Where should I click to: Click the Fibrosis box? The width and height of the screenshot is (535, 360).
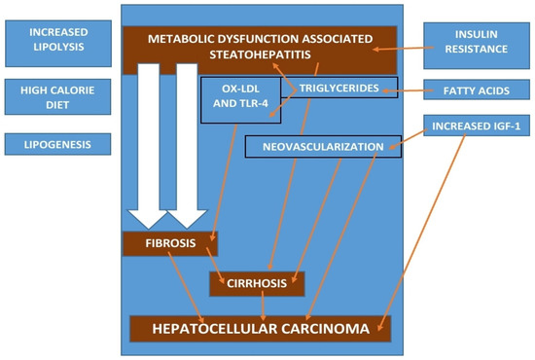(170, 243)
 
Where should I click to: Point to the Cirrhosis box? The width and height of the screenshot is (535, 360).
(258, 283)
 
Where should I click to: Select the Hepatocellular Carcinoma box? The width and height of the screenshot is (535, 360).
(260, 329)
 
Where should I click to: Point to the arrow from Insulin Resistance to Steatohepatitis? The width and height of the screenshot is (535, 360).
(399, 47)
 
